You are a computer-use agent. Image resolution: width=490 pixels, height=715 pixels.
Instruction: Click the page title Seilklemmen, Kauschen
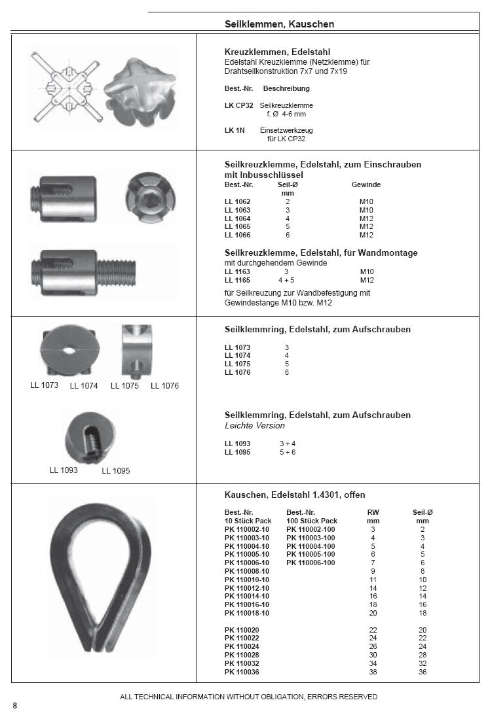pos(279,24)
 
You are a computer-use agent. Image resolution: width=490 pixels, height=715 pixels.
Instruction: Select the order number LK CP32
pos(238,105)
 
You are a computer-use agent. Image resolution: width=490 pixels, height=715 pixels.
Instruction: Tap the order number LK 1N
pos(234,130)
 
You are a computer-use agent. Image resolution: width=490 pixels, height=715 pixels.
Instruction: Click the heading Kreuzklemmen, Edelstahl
pos(277,52)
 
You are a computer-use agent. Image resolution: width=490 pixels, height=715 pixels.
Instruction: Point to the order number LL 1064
pos(237,218)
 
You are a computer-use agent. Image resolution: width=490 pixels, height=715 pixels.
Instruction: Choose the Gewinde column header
pos(366,185)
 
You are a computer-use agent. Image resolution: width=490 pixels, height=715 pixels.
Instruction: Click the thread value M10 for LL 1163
pos(367,271)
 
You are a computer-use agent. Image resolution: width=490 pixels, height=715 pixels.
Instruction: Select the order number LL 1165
pos(237,280)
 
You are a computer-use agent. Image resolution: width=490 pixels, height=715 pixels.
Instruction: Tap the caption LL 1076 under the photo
pos(164,386)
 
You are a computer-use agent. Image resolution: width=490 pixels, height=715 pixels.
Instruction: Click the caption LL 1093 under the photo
pos(64,470)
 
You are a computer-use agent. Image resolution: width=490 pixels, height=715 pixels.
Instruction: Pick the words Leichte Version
pos(255,426)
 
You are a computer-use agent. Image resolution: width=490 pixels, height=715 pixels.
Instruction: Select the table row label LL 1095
pos(237,452)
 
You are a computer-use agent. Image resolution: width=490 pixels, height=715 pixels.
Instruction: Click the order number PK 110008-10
pos(246,571)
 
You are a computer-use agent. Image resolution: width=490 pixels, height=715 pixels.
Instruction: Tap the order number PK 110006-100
pos(311,563)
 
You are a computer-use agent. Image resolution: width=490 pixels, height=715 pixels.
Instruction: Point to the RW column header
pos(373,513)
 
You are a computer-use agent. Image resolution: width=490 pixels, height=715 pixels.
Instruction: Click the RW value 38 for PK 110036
pos(373,672)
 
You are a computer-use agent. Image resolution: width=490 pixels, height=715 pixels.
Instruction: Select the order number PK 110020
pos(242,630)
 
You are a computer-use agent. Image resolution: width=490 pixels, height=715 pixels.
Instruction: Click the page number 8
pos(15,705)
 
